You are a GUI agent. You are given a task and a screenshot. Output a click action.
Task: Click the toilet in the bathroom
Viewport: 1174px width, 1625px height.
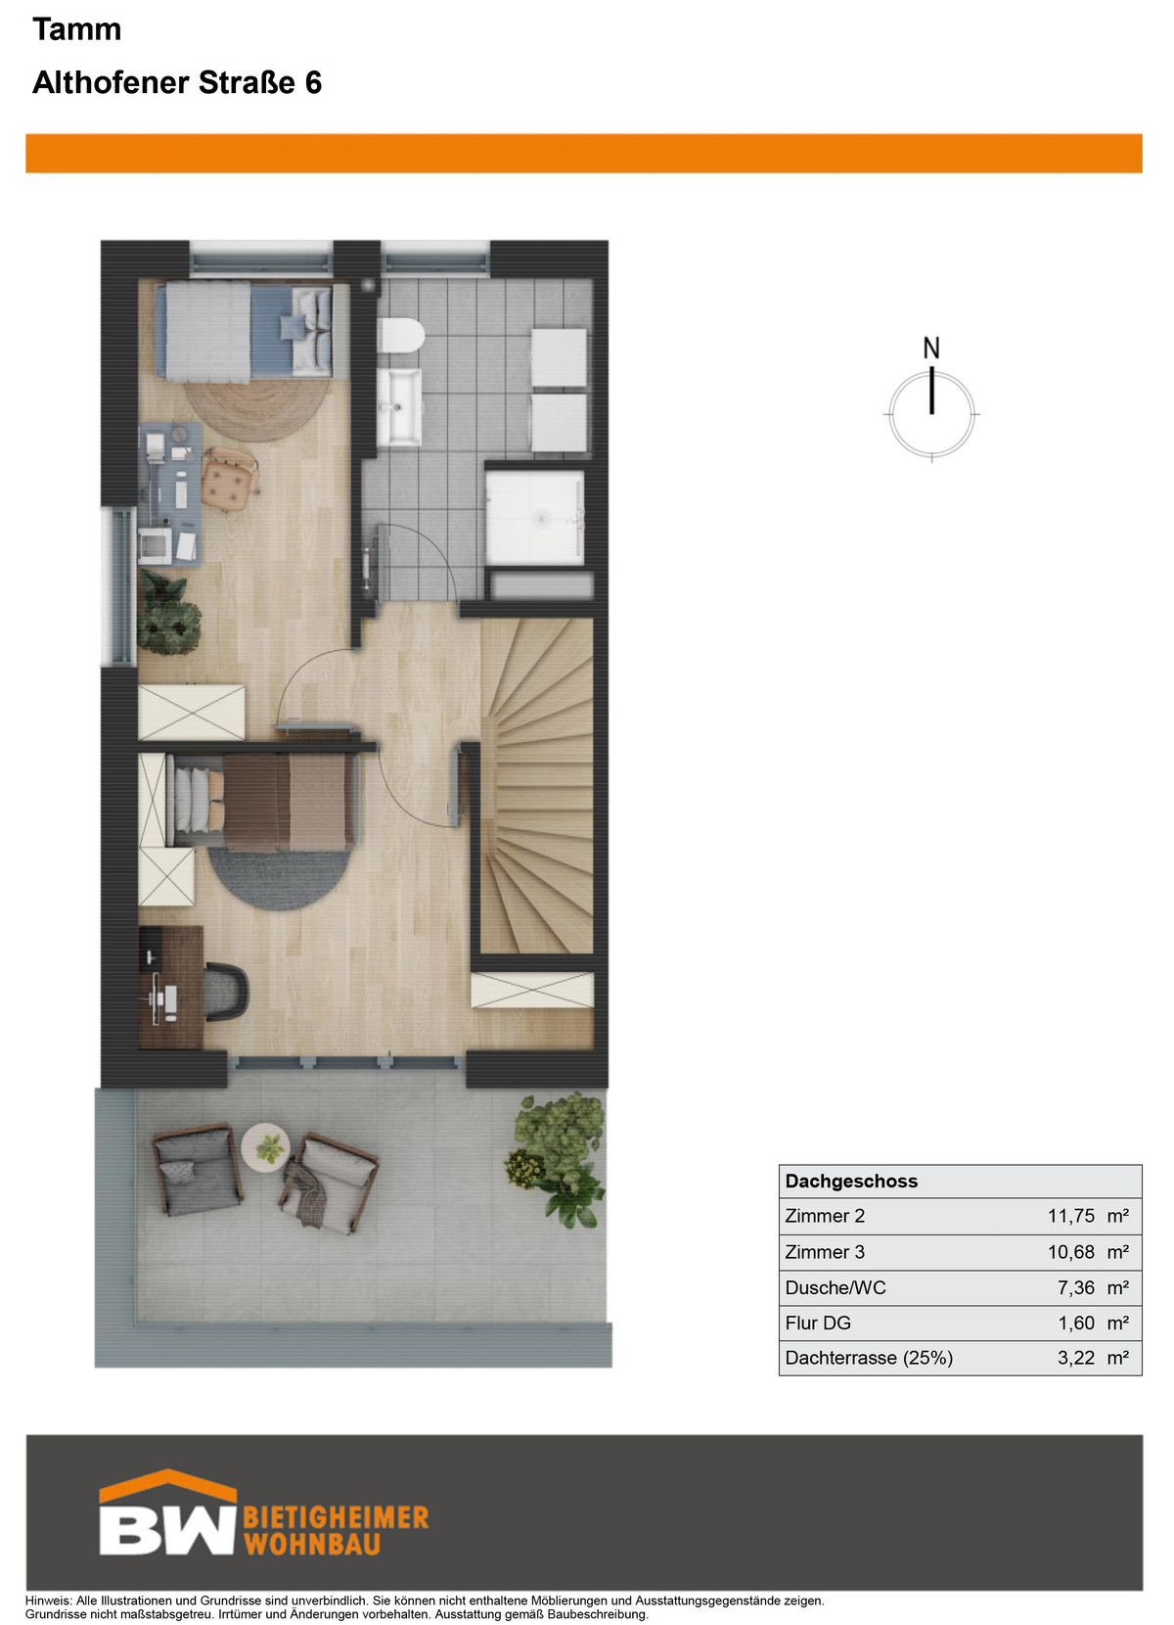tap(402, 335)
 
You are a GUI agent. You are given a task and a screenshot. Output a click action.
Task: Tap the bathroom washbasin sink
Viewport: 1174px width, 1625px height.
tap(399, 406)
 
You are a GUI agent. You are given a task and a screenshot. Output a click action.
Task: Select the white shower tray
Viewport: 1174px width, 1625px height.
tap(534, 517)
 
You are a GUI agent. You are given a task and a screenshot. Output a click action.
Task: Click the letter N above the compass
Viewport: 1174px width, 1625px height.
tap(931, 348)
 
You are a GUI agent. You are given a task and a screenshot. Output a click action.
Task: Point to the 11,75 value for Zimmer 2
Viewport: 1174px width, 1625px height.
tap(1071, 1215)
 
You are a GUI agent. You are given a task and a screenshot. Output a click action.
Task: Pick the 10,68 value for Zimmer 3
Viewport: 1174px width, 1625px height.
tap(1071, 1251)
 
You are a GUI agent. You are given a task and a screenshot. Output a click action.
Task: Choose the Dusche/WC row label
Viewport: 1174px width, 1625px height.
tap(835, 1287)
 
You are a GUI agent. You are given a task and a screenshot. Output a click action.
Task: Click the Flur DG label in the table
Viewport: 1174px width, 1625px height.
tap(818, 1323)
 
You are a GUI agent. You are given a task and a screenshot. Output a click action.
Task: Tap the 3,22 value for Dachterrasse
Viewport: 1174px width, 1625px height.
tap(1076, 1358)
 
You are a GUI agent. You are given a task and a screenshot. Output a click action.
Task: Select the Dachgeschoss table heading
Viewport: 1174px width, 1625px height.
tap(851, 1181)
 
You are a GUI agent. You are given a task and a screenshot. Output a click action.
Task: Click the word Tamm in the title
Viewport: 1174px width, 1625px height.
tap(77, 29)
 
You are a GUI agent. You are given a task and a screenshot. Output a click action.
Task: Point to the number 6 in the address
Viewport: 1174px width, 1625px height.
tap(313, 82)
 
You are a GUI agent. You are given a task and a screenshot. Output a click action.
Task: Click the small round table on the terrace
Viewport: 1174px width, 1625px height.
tap(265, 1147)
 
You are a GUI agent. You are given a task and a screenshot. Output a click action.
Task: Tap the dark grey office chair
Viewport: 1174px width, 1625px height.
tap(226, 992)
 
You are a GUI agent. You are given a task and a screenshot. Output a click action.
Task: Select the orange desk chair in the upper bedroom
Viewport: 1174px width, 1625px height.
tap(230, 479)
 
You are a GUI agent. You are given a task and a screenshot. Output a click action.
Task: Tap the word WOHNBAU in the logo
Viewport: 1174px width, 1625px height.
tap(312, 1545)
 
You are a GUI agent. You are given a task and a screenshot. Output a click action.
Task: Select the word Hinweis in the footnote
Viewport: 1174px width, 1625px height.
tap(48, 1601)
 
